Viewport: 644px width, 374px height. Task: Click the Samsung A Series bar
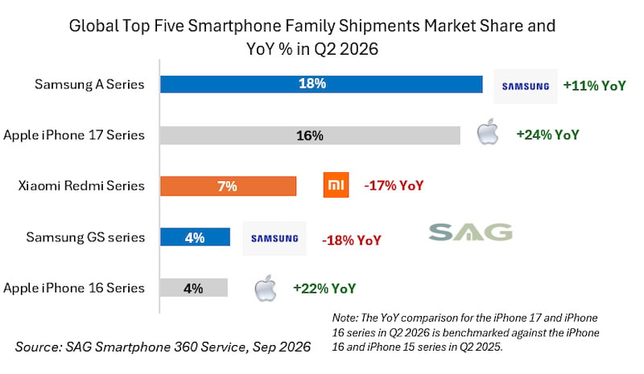321,84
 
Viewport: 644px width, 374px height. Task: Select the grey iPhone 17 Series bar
310,135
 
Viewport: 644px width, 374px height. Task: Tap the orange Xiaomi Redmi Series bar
228,186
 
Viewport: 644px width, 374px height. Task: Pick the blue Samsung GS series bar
195,237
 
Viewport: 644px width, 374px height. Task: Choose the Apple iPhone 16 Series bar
194,287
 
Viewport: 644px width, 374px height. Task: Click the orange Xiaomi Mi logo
336,185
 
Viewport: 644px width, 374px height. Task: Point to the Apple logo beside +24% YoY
488,131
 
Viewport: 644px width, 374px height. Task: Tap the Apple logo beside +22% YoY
266,288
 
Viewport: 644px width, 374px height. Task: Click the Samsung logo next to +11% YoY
526,86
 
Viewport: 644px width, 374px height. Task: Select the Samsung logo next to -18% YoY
275,239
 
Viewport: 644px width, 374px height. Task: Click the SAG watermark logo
470,232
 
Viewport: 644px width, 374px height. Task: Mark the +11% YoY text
594,85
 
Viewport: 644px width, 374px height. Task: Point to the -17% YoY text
394,186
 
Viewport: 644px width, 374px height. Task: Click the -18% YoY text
352,240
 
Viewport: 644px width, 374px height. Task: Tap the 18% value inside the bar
312,84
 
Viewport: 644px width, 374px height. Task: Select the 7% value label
227,187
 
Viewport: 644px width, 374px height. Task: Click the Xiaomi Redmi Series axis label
81,186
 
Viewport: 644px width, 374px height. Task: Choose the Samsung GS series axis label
85,237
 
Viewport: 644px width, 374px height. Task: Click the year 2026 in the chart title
358,49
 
